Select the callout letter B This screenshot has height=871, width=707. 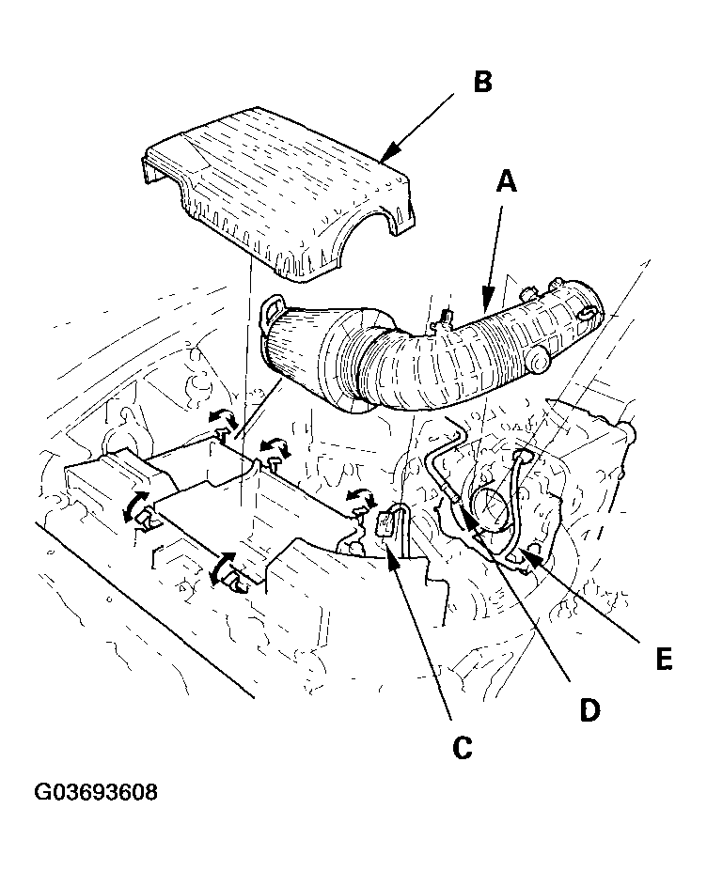(481, 83)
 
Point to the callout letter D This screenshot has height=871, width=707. (589, 709)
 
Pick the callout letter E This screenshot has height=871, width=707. (664, 660)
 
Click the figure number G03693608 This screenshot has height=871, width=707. (96, 792)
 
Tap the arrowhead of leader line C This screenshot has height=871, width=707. (392, 553)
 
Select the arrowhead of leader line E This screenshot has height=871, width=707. (519, 554)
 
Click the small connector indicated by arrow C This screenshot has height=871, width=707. (386, 523)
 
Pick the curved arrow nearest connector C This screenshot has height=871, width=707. (359, 497)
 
